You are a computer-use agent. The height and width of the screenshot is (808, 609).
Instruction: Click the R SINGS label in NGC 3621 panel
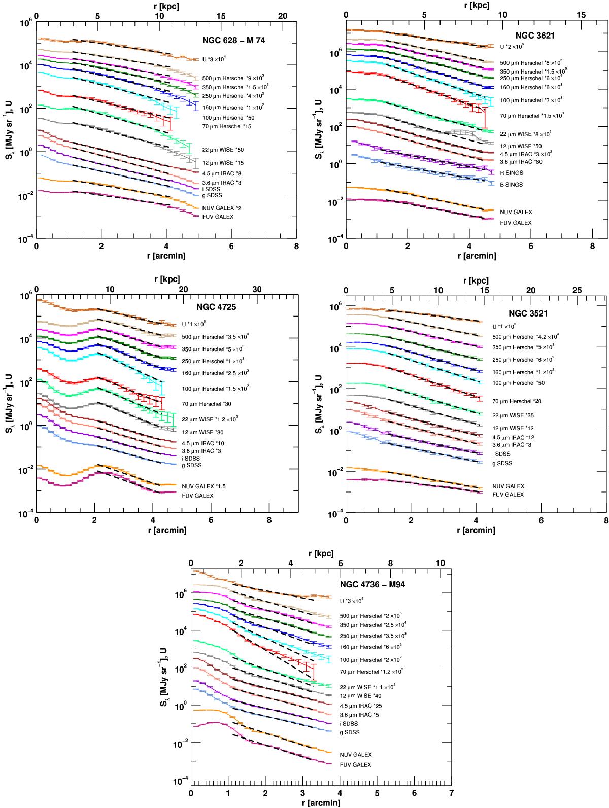point(512,173)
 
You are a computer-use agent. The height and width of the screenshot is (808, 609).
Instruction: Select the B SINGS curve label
point(512,185)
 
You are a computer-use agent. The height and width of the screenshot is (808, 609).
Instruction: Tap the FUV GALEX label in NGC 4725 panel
point(197,495)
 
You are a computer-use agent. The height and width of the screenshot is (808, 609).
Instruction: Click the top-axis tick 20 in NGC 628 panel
point(283,16)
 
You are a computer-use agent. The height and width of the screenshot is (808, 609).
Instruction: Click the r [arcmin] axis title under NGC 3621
point(476,256)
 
